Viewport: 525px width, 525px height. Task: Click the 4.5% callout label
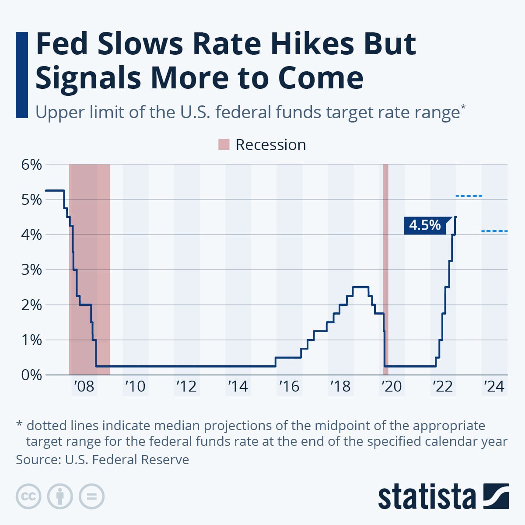[425, 225]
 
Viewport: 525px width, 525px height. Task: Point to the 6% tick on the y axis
[31, 165]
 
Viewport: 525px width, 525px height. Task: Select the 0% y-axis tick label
[31, 375]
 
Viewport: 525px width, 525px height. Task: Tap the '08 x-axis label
[84, 387]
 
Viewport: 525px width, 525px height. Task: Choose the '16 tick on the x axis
[289, 387]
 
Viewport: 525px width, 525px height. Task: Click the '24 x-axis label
[494, 387]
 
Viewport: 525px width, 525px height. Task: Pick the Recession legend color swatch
[224, 145]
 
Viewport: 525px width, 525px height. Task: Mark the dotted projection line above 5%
[469, 196]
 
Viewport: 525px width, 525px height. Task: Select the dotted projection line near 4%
[494, 231]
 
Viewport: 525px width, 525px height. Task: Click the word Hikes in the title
[306, 44]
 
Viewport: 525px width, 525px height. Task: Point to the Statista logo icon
[496, 496]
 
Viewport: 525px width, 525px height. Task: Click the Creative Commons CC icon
[28, 497]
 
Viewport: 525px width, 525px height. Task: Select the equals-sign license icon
[92, 497]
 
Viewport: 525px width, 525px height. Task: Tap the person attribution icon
[60, 497]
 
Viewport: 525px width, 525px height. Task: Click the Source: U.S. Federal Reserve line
[102, 460]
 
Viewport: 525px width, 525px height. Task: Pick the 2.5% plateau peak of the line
[360, 287]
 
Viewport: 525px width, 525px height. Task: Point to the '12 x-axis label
[186, 387]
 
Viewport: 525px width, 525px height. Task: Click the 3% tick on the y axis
[31, 270]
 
